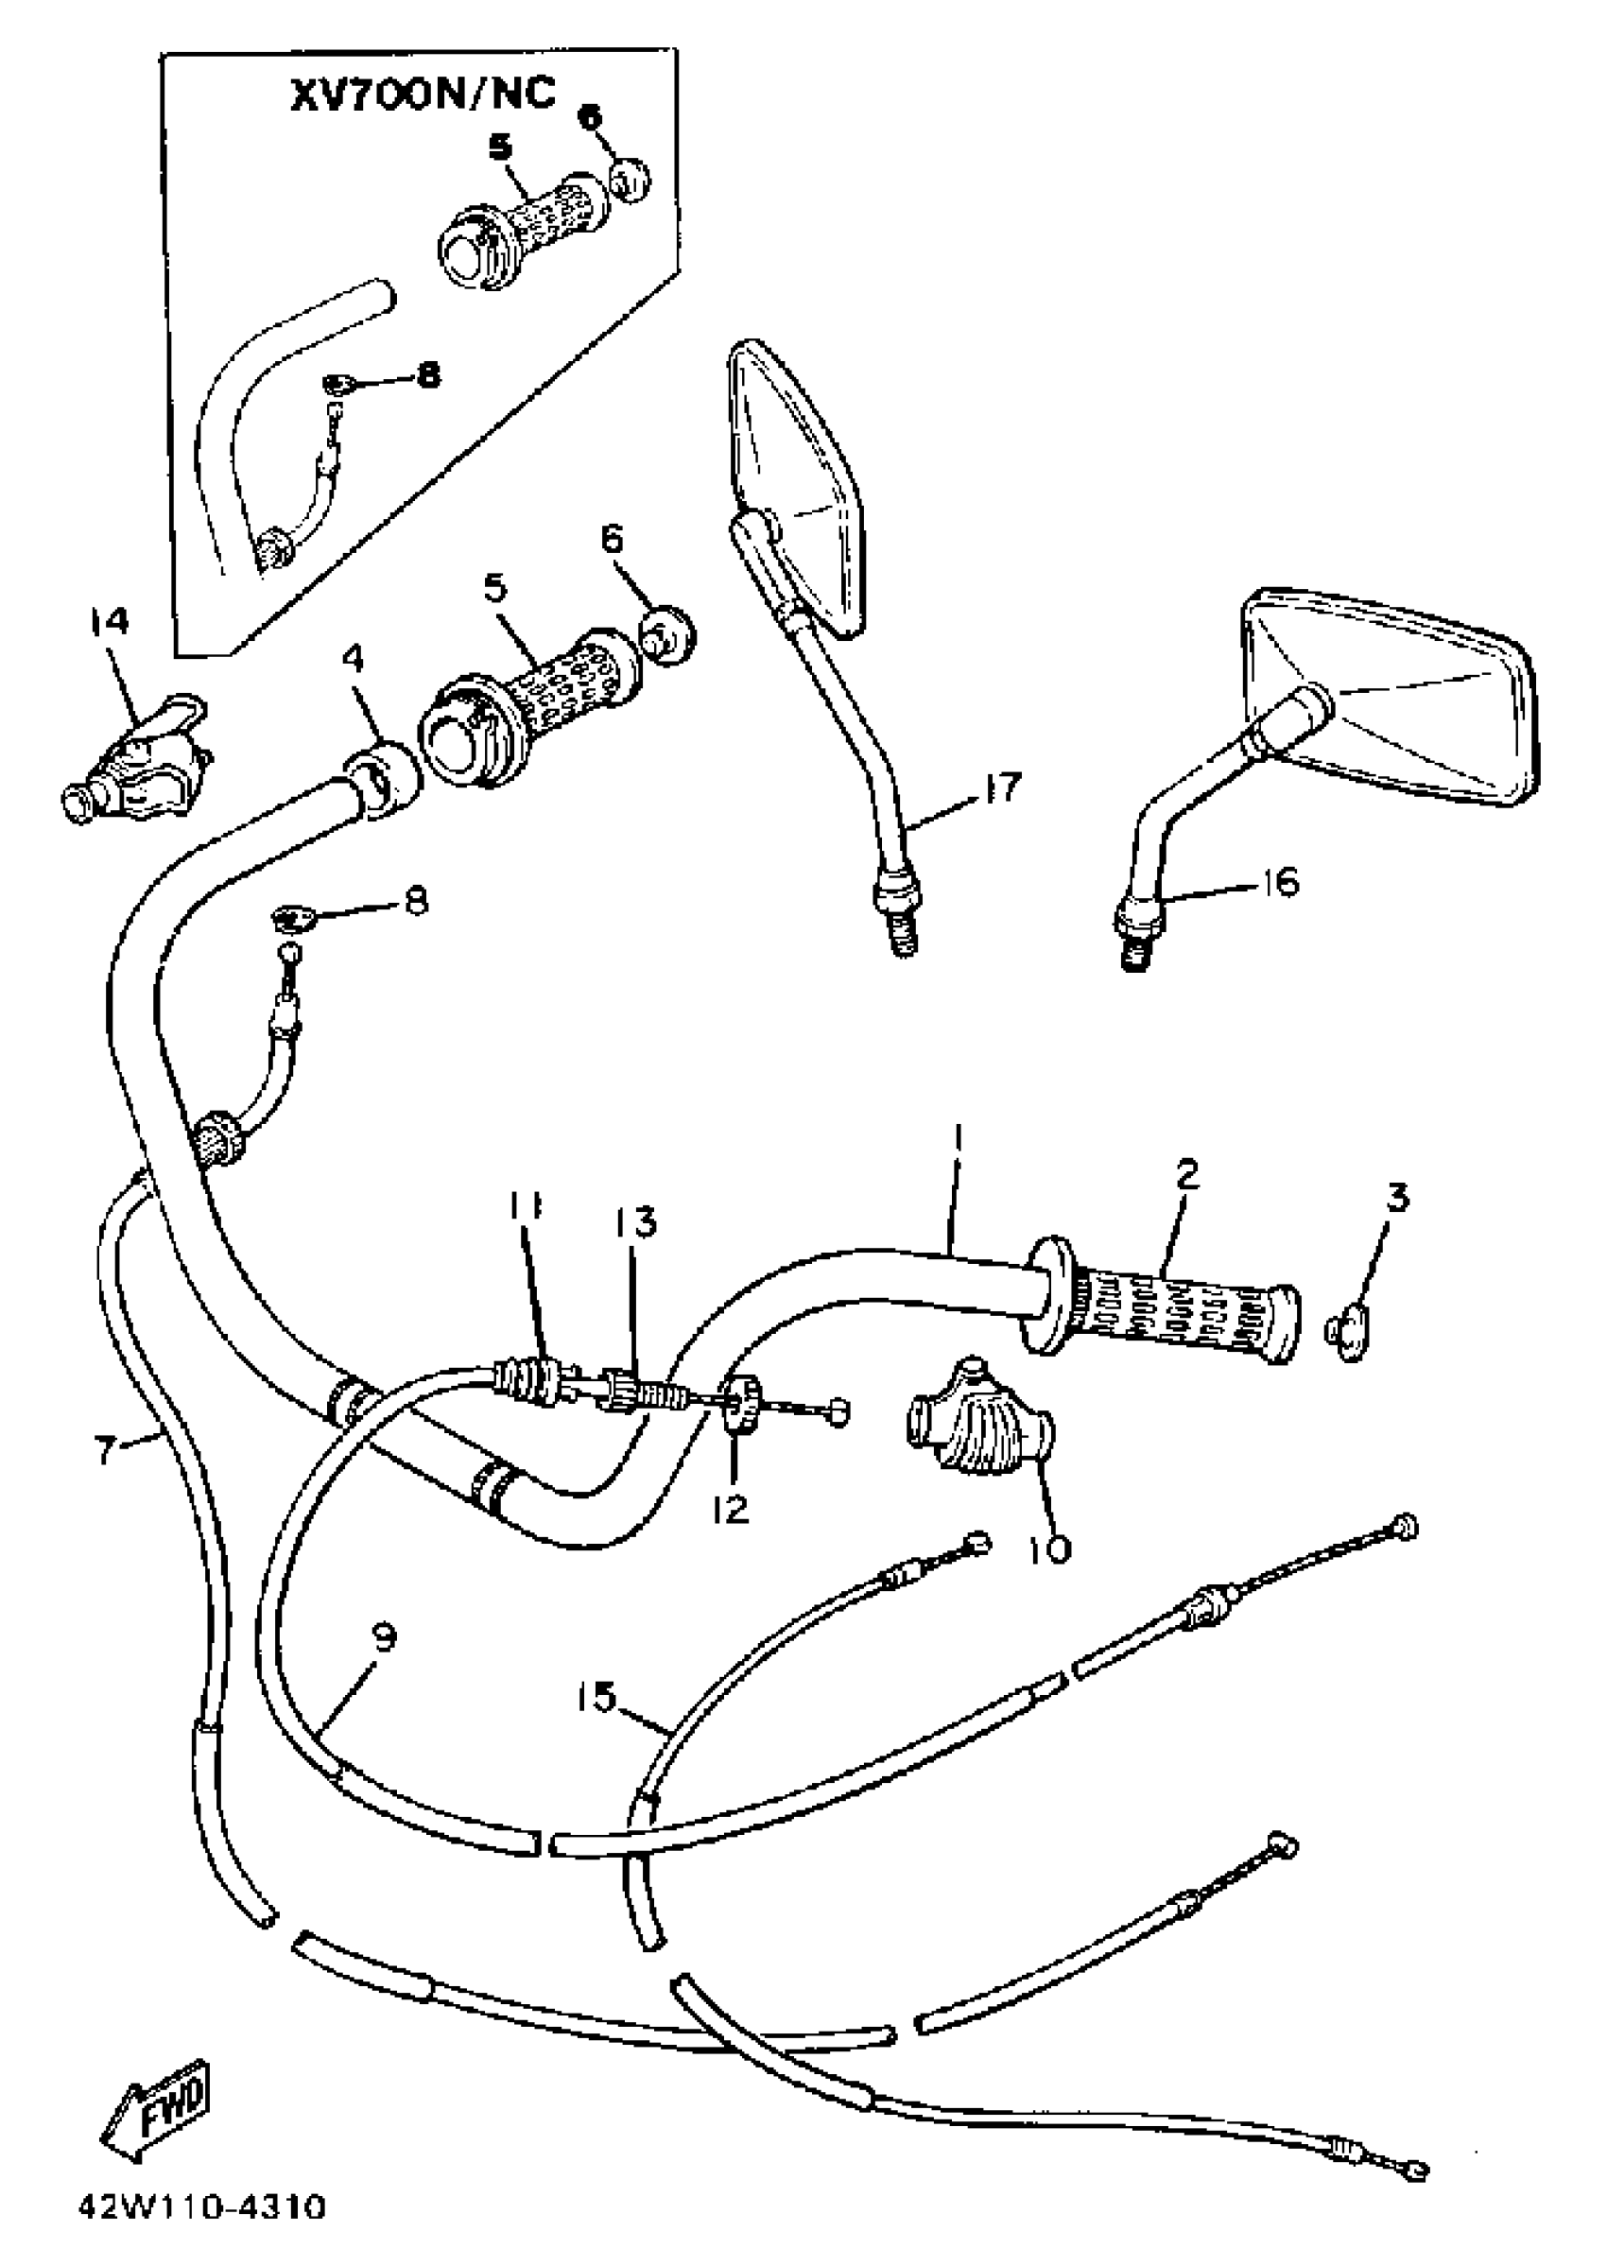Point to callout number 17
point(1000,789)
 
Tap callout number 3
point(1396,1198)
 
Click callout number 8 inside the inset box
point(427,376)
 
